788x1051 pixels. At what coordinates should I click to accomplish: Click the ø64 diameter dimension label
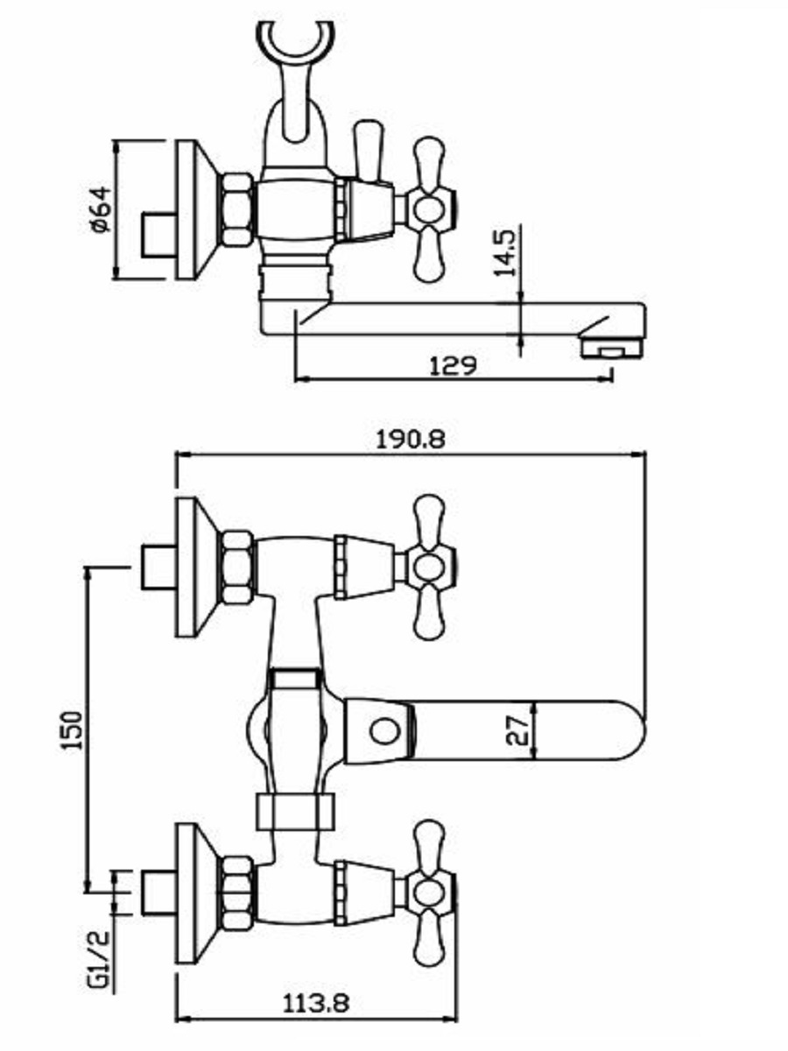(101, 209)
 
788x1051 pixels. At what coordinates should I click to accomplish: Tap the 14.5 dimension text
(505, 253)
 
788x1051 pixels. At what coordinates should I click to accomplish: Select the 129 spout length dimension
(453, 366)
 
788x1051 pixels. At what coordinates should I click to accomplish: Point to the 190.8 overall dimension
(411, 440)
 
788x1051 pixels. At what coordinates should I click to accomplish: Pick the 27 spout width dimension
(517, 730)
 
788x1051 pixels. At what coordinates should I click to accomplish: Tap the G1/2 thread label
(99, 962)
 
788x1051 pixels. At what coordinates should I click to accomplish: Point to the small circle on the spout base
(384, 731)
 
